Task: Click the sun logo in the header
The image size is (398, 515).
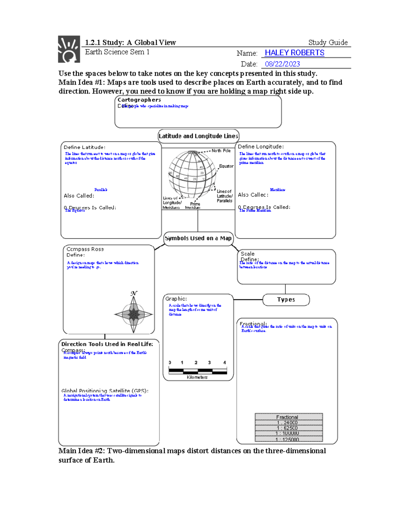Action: [x=69, y=49]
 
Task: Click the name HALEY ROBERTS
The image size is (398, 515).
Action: [x=294, y=53]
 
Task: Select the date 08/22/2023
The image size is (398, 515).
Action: [x=282, y=64]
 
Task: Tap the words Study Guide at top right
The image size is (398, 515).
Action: [x=328, y=42]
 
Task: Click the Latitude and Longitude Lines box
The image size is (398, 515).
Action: [x=198, y=136]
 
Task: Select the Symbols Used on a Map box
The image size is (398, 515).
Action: [x=198, y=238]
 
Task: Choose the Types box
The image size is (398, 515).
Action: [x=286, y=299]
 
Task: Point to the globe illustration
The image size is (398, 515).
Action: [x=192, y=174]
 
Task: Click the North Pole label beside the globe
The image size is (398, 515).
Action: [x=221, y=151]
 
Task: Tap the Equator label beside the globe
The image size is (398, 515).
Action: [x=226, y=166]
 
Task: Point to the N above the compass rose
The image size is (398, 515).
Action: [x=134, y=293]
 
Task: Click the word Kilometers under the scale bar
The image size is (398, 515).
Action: [x=197, y=377]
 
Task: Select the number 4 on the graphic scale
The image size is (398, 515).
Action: [x=225, y=362]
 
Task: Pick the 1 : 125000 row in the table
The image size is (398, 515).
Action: [x=289, y=439]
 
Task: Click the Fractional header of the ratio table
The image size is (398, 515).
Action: [x=287, y=417]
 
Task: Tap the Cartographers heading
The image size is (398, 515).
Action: [x=139, y=100]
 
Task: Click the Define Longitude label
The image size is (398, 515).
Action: [x=261, y=147]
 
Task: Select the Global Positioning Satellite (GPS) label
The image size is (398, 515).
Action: [x=105, y=391]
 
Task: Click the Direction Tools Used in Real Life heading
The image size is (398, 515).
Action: [x=107, y=344]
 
